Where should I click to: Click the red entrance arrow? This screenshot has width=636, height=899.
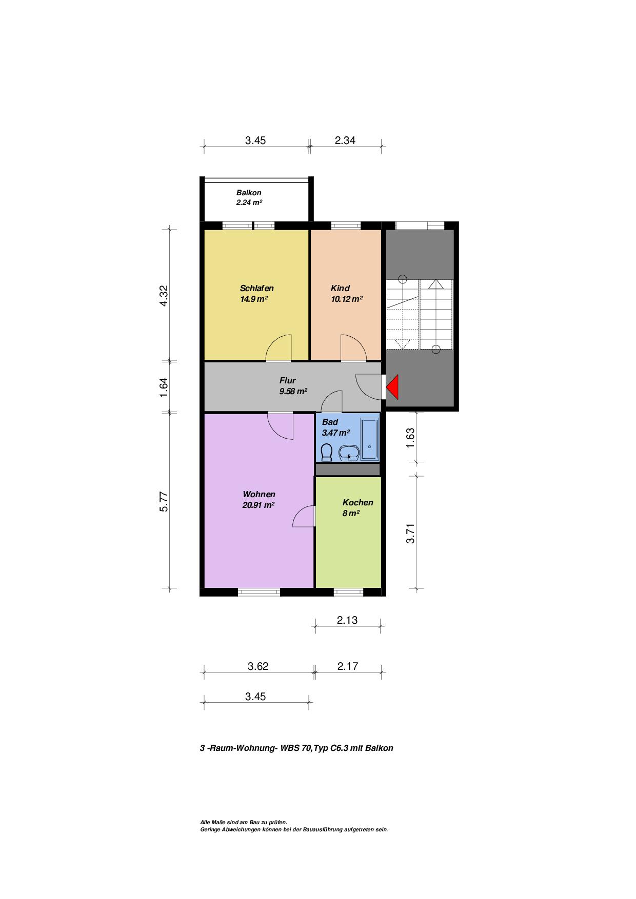tap(394, 387)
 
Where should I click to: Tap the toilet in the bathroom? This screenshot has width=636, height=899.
tap(326, 452)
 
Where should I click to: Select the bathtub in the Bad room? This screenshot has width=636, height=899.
tap(369, 439)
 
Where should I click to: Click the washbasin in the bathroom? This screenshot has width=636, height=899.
tap(349, 453)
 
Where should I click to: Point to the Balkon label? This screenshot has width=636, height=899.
tap(249, 193)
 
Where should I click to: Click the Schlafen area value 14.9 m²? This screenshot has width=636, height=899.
tap(254, 299)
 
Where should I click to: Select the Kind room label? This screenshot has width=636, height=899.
tap(340, 288)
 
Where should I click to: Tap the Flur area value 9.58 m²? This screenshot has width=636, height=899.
tap(293, 391)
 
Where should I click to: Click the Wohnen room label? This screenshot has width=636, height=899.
tap(259, 494)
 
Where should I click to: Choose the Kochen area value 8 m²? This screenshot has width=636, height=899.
tap(351, 513)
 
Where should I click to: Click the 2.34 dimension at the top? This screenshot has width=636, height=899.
tap(345, 140)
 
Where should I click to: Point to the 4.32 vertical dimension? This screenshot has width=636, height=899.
tap(164, 295)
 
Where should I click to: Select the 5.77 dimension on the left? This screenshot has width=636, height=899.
tap(164, 501)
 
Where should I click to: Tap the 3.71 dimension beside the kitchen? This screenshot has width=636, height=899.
tap(410, 533)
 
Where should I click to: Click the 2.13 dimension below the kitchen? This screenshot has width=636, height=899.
tap(347, 620)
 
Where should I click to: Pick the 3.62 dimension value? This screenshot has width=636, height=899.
tap(258, 666)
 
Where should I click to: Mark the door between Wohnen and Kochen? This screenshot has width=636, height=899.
tap(304, 516)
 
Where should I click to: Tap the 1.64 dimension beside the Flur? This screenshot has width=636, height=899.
tap(164, 387)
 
